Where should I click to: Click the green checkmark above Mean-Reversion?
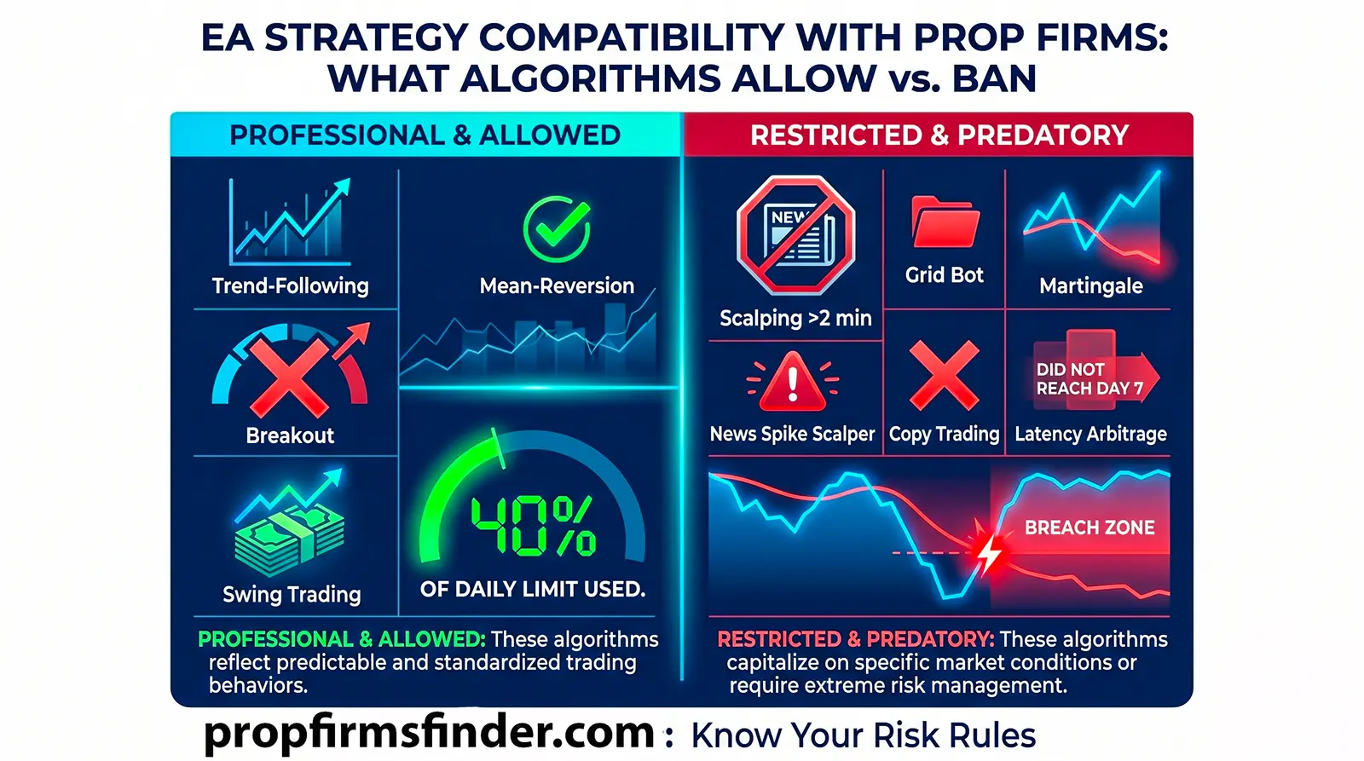click(557, 228)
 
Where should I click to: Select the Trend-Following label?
click(290, 285)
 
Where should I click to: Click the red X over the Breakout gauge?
click(289, 376)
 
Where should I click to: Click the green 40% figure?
click(533, 525)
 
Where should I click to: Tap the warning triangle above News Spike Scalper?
click(793, 383)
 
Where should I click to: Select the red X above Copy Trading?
click(944, 375)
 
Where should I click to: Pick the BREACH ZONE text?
click(1089, 528)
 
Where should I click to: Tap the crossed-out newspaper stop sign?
click(795, 235)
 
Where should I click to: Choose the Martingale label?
click(1090, 285)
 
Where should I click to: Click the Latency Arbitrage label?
click(1090, 434)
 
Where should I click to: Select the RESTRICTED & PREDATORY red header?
click(939, 135)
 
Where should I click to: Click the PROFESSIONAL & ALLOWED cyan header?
click(425, 135)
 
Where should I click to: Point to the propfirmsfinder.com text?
click(429, 732)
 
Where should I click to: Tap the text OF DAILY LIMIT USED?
click(533, 589)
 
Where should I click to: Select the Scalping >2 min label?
click(795, 318)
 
